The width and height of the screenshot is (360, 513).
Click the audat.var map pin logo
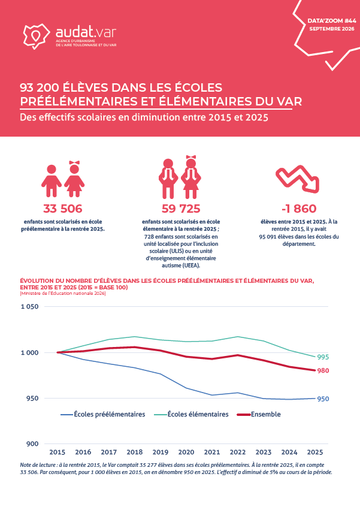click(x=37, y=36)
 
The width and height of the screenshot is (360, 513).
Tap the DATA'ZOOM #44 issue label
click(x=332, y=21)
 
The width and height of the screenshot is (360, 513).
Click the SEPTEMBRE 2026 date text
click(x=332, y=29)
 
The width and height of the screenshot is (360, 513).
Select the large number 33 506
click(x=63, y=209)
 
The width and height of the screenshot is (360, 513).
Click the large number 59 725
click(x=181, y=209)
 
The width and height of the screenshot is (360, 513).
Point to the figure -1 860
click(x=299, y=209)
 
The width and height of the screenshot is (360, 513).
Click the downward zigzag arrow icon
click(x=297, y=179)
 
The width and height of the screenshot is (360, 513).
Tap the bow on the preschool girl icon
click(x=74, y=162)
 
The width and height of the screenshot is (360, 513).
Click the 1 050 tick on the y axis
click(x=30, y=307)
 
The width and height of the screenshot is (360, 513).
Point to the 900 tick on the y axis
click(x=32, y=444)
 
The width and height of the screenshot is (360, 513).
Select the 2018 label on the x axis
click(x=135, y=452)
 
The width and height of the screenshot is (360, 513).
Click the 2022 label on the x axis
click(x=238, y=452)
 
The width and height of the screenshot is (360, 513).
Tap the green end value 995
click(x=323, y=357)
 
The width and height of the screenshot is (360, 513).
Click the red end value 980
click(x=323, y=371)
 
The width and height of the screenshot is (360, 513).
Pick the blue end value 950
click(x=323, y=399)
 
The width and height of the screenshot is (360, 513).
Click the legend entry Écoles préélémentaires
click(x=103, y=414)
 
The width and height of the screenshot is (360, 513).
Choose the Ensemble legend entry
click(x=259, y=414)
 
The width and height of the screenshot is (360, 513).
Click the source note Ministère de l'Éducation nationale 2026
click(x=63, y=294)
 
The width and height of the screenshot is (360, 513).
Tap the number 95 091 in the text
click(x=268, y=237)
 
